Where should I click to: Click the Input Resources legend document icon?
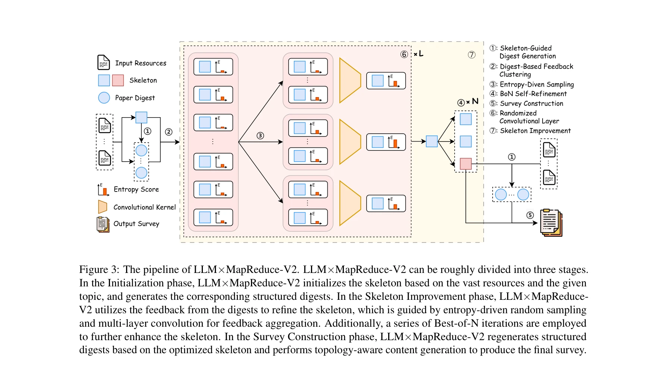tap(103, 62)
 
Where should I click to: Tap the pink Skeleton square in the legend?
tap(118, 80)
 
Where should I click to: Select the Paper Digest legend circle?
tap(104, 98)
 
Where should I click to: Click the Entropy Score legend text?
tap(136, 189)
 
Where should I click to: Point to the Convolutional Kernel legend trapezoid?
tap(103, 207)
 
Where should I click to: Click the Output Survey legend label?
tap(136, 224)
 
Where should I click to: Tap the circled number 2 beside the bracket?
tap(169, 132)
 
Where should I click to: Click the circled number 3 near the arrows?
tap(260, 136)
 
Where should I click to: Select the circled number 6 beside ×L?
tap(404, 55)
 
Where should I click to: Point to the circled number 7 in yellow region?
tap(471, 55)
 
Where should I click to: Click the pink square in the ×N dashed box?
tap(465, 164)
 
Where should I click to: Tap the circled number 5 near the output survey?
tap(530, 215)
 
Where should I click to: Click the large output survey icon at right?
tap(551, 223)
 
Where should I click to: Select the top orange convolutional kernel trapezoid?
tap(350, 80)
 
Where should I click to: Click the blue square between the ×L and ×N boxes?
tap(431, 141)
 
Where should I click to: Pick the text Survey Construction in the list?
tap(531, 103)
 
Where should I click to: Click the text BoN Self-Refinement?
tap(533, 94)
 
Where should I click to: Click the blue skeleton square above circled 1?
tap(141, 118)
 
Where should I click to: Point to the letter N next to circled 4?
tap(475, 101)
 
